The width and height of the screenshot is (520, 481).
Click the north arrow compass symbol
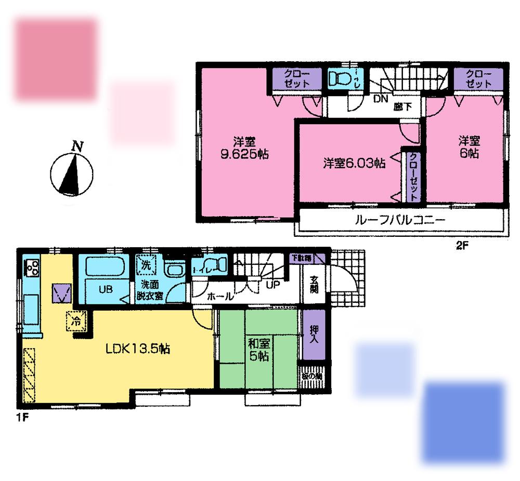click(x=71, y=173)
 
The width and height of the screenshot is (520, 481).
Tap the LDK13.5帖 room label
click(x=137, y=349)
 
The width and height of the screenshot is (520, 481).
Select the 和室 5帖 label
click(x=258, y=350)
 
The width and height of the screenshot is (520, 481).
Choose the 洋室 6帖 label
click(x=468, y=147)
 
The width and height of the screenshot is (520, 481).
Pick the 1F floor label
click(x=21, y=417)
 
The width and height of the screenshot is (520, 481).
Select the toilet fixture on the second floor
click(x=341, y=80)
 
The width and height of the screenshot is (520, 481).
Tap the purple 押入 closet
click(x=314, y=335)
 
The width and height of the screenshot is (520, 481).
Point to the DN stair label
click(x=380, y=97)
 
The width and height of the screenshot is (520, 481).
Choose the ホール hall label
click(x=220, y=297)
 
